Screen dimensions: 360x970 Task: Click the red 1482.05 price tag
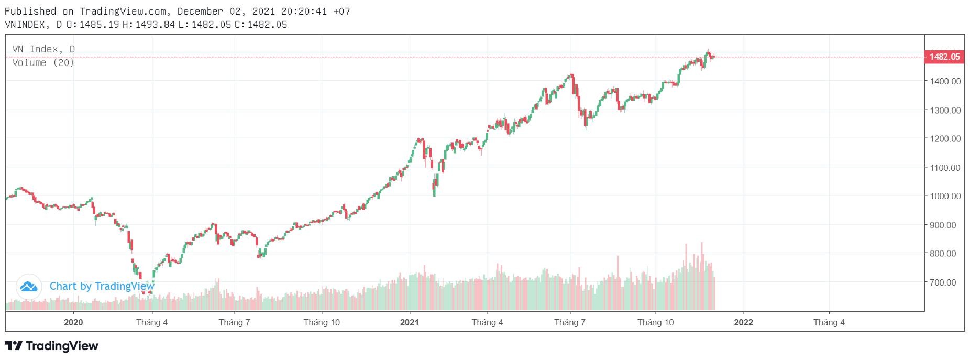(944, 57)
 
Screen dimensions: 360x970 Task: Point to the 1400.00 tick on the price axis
(945, 81)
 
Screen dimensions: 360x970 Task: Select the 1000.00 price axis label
(945, 196)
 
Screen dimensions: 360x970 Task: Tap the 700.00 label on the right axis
(947, 282)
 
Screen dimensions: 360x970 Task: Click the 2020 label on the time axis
(73, 322)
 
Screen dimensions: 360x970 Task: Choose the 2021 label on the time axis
(409, 322)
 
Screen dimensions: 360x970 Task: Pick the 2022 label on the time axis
(743, 322)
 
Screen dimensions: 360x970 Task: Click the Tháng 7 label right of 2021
(570, 322)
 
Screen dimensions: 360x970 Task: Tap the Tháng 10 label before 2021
(322, 322)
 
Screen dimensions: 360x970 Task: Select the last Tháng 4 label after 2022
(829, 322)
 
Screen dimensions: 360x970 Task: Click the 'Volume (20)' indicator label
(43, 63)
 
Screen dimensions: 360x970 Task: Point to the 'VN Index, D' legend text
(43, 49)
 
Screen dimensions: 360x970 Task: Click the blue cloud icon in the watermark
(29, 286)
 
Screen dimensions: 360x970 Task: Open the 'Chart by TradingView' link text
(102, 286)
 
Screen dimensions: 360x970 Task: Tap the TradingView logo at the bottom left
(51, 346)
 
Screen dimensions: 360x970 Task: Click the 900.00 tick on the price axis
(947, 225)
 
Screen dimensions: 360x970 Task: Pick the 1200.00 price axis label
(945, 139)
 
